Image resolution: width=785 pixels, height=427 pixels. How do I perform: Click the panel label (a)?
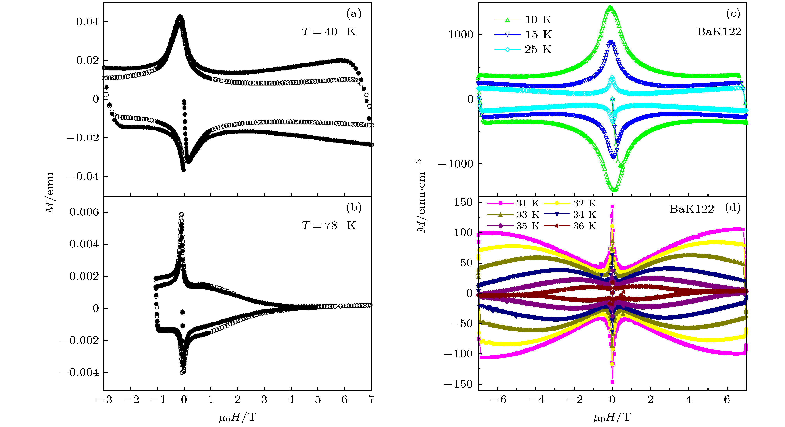[354, 14]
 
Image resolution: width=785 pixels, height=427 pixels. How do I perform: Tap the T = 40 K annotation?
[329, 32]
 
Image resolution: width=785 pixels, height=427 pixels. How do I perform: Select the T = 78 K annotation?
[329, 225]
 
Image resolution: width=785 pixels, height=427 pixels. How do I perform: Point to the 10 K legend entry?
[523, 20]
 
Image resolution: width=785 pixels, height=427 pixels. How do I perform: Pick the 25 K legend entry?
[523, 49]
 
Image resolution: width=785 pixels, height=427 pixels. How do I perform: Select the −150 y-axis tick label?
[458, 384]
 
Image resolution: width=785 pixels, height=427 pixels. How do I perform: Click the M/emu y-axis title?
[50, 193]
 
